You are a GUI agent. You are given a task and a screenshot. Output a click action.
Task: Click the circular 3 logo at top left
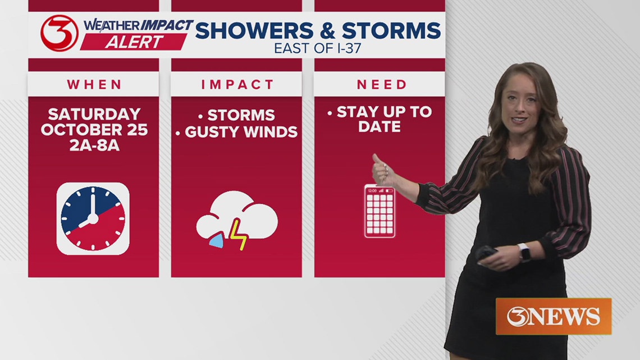point(59,33)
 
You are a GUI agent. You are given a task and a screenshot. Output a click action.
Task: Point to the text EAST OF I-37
point(318,48)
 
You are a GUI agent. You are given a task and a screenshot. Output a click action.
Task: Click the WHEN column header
point(94,85)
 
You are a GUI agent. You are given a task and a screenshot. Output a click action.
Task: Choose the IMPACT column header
point(236,85)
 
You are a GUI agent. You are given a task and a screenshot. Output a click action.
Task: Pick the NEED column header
point(382,85)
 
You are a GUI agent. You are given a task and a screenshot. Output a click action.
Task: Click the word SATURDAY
point(94,114)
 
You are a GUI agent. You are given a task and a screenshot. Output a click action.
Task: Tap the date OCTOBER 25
point(94,130)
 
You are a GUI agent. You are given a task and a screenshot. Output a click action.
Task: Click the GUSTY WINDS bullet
point(241,132)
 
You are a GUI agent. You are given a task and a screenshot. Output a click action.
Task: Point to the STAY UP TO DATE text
point(380,119)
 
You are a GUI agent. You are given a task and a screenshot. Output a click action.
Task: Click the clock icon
point(93,218)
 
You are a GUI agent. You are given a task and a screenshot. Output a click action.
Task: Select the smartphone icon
point(380,211)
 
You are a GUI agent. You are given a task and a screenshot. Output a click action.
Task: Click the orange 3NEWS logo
point(553,316)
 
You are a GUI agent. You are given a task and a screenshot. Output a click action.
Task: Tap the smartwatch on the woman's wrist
point(524,252)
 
